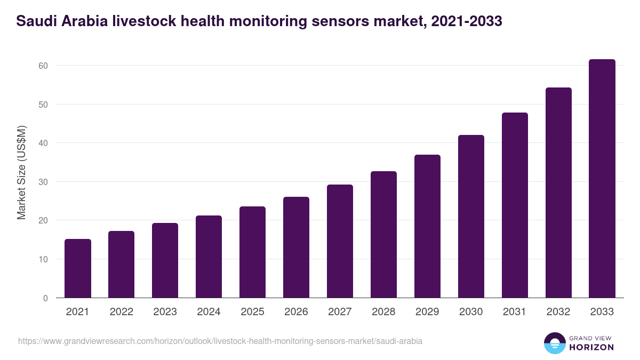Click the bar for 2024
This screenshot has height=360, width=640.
click(209, 257)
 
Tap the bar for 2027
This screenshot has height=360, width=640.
click(340, 241)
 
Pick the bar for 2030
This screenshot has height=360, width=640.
click(471, 216)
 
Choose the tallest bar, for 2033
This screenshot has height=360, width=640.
click(602, 179)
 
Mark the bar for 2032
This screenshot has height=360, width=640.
click(558, 193)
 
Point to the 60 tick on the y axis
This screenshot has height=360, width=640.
click(43, 66)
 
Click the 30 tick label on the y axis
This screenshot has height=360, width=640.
click(43, 182)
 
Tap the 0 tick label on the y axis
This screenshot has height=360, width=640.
click(45, 298)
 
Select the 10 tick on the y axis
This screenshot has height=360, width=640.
click(43, 259)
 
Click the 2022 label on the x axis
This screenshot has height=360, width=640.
click(121, 312)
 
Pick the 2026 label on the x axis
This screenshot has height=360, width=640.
click(296, 312)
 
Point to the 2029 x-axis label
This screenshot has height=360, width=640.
click(427, 312)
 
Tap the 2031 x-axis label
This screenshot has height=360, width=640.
click(515, 312)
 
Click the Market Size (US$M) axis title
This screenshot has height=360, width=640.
click(21, 172)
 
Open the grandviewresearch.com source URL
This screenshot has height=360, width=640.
click(220, 341)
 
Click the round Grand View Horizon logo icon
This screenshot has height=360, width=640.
click(555, 343)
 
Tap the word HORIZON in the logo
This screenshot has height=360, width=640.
click(592, 347)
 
